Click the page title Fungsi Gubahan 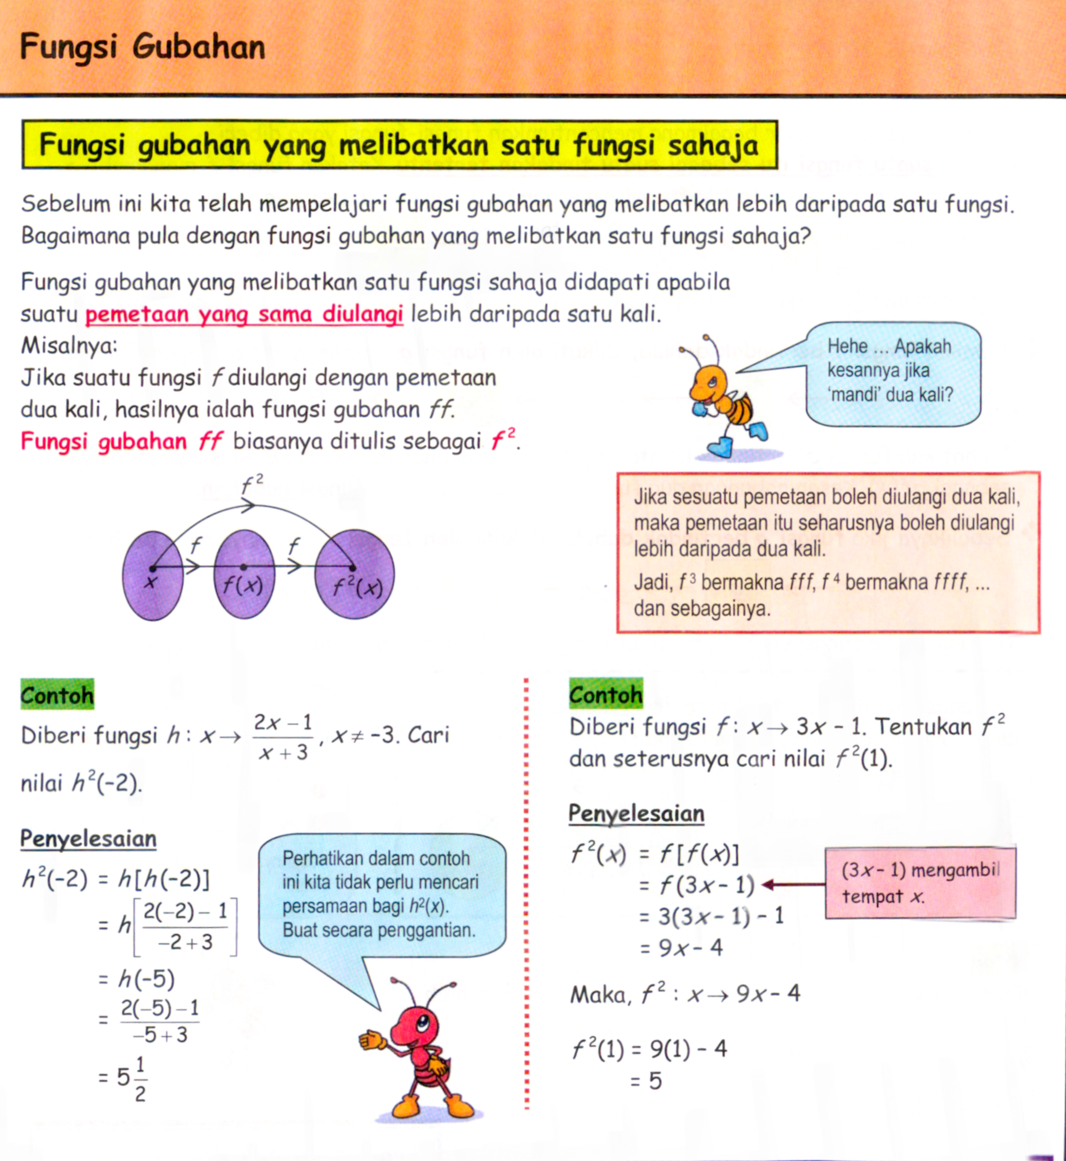click(143, 47)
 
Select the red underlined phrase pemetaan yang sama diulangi click(244, 315)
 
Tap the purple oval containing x click(152, 575)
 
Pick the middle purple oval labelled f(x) click(244, 575)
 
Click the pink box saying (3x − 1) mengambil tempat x click(920, 883)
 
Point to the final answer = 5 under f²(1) click(646, 1081)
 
